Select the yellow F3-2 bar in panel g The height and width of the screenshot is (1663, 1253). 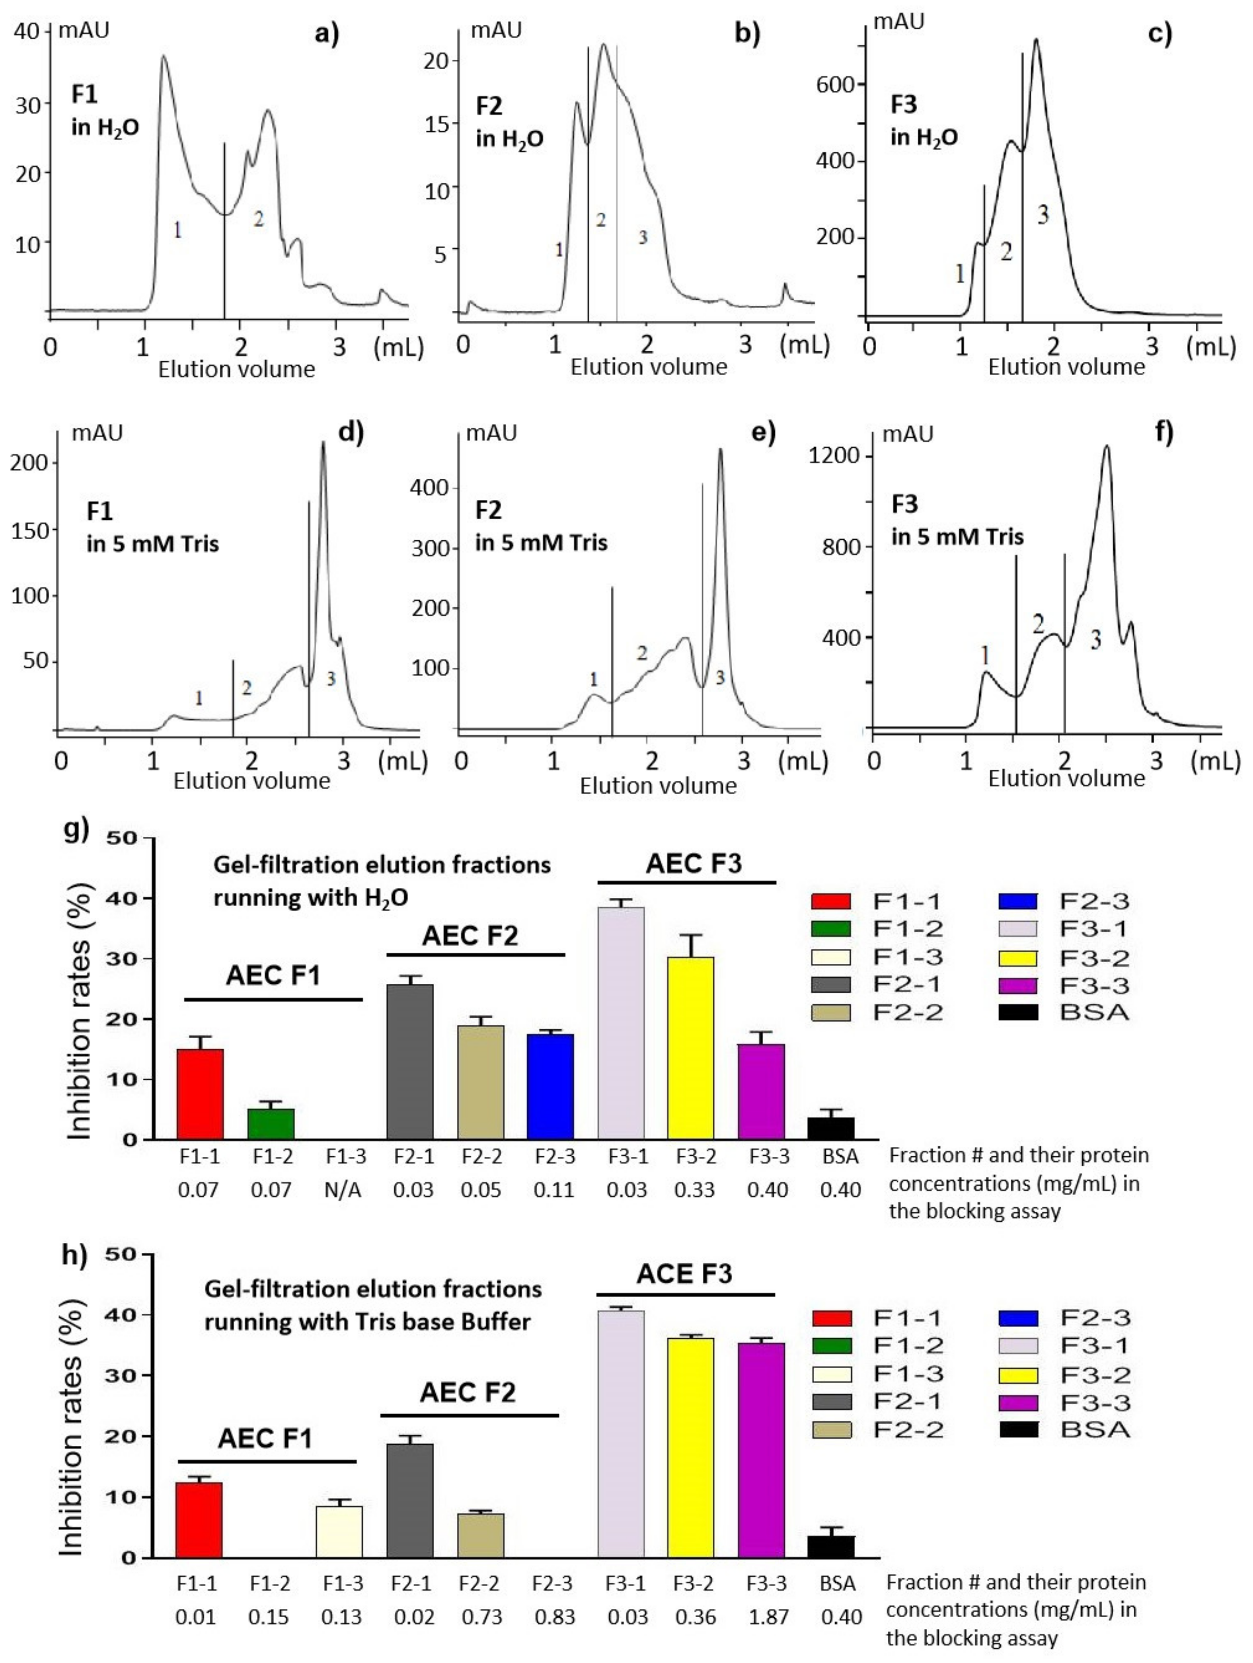[x=690, y=1048]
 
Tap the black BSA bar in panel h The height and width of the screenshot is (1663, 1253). [x=836, y=1547]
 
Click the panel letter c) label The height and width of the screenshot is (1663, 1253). [x=1160, y=35]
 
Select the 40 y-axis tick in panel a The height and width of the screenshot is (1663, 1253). [x=28, y=31]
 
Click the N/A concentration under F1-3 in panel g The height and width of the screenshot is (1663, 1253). [x=343, y=1190]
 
